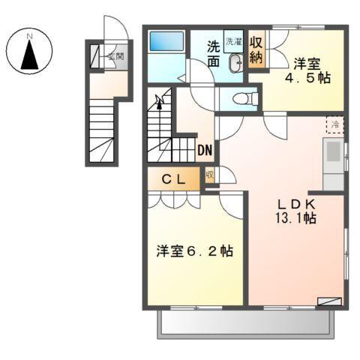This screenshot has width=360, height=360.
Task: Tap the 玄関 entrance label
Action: coord(114,56)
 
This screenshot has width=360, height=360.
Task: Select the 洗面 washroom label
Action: coord(214,54)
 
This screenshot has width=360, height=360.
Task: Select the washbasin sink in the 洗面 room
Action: coord(233,64)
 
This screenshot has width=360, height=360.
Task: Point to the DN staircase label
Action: coord(205,150)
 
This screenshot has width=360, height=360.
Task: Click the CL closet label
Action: coord(174,178)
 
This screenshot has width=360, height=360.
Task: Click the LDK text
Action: coord(295,204)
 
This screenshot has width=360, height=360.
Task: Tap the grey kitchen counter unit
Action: coord(332,163)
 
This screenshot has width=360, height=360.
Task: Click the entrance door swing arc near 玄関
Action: coord(112,29)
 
